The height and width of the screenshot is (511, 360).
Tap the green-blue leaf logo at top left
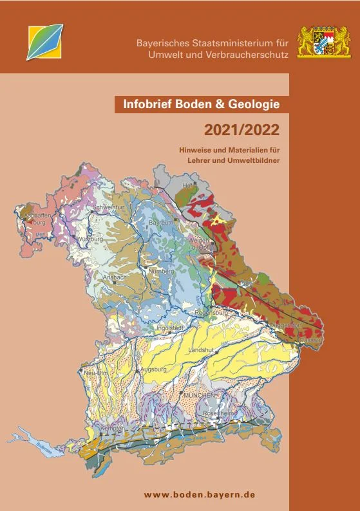coord(44,41)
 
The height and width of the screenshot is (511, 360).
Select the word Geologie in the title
coord(252,104)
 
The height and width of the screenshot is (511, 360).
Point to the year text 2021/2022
coord(242,131)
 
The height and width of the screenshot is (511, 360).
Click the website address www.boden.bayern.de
coord(200,494)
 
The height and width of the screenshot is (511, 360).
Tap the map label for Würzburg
coord(90,239)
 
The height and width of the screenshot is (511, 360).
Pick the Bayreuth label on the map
coord(161,222)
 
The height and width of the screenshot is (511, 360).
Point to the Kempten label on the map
coord(112,427)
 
